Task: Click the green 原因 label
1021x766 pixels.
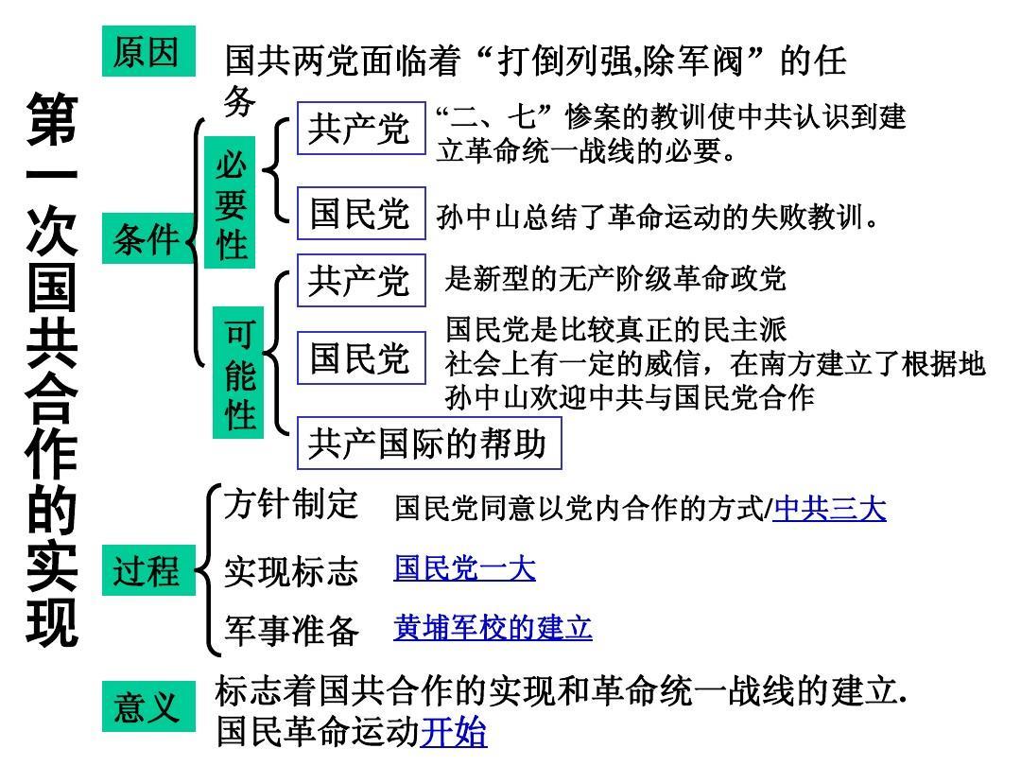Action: [148, 51]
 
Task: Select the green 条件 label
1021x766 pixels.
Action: [147, 238]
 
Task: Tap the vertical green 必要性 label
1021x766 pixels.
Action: [230, 202]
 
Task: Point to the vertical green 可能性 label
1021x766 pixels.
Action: [238, 373]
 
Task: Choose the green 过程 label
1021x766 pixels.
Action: [148, 570]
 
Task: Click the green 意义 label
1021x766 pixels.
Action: [148, 706]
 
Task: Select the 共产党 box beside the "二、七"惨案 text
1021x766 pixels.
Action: [361, 129]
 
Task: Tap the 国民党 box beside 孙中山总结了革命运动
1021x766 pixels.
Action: [361, 214]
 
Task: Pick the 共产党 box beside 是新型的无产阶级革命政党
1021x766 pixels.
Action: [361, 281]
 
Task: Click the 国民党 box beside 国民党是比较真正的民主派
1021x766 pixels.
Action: [361, 357]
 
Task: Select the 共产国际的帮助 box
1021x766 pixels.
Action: [429, 444]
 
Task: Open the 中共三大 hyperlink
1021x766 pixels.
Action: [830, 509]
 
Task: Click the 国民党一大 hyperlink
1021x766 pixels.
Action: [465, 568]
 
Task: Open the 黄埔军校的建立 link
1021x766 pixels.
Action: [493, 628]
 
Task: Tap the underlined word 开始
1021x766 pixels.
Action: [453, 731]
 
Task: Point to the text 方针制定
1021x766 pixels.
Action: [291, 505]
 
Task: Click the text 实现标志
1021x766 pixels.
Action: [291, 571]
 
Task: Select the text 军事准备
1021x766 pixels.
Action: [291, 631]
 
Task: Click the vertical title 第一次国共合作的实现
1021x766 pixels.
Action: [52, 369]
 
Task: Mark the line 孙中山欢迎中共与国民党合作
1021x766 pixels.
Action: [630, 397]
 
